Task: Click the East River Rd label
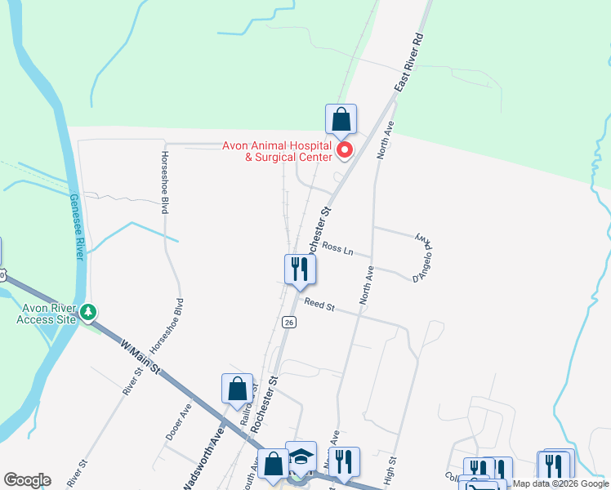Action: [x=408, y=63]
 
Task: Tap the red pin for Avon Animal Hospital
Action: [x=345, y=150]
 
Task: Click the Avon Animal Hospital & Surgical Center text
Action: [x=278, y=152]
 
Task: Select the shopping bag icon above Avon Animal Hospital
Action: [x=341, y=119]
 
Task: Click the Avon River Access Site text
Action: [x=46, y=313]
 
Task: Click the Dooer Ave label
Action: [x=179, y=421]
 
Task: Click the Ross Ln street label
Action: [x=337, y=247]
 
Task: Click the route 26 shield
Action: [x=289, y=323]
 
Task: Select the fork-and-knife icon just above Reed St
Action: [x=300, y=269]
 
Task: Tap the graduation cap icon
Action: [x=301, y=457]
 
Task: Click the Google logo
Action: [x=27, y=480]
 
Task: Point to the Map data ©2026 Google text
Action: [x=560, y=483]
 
